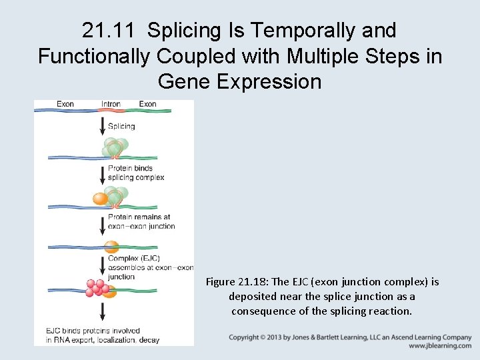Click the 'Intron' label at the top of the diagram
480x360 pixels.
(x=111, y=104)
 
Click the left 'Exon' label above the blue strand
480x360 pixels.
(x=65, y=104)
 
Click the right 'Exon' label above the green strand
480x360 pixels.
(x=147, y=104)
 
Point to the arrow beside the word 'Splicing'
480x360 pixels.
(x=103, y=126)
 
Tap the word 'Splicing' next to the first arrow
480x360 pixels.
(x=121, y=126)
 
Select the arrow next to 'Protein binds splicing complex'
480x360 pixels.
(x=103, y=173)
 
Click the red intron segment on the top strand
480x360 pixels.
(x=111, y=109)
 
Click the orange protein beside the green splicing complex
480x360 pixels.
(x=100, y=198)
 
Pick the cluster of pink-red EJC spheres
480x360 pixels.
(x=97, y=287)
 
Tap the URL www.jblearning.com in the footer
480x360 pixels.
(x=440, y=346)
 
